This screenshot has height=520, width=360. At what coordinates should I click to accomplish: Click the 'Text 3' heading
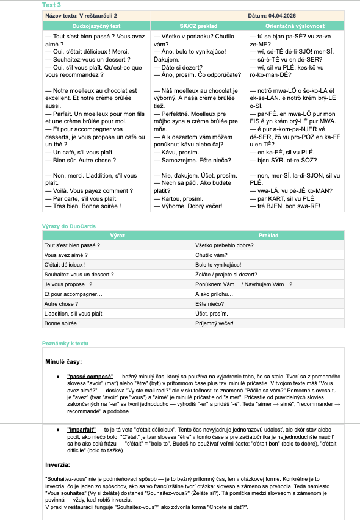(51, 5)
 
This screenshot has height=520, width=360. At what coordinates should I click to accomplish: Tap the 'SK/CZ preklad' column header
(200, 27)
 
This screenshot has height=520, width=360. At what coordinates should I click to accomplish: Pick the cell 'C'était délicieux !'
(65, 265)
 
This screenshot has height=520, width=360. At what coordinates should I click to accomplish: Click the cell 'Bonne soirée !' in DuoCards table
(63, 323)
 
